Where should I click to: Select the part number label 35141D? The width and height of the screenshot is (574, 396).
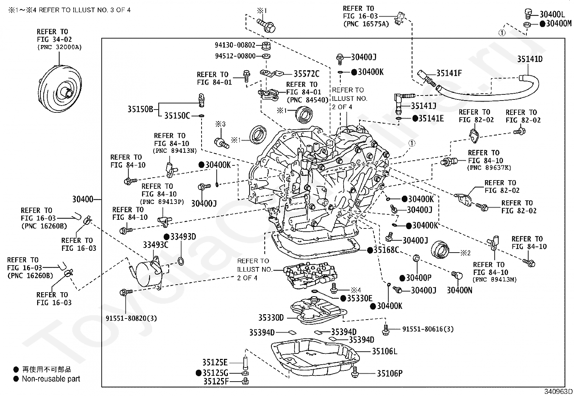[530, 59]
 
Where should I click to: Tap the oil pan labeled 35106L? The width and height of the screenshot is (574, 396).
[315, 358]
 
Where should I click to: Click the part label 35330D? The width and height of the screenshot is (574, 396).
[271, 318]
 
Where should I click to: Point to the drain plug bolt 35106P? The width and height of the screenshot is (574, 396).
[355, 372]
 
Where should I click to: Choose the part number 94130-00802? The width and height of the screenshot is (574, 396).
[235, 45]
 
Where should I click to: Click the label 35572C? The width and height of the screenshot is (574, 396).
[306, 74]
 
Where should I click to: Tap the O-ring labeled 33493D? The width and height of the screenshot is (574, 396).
[181, 261]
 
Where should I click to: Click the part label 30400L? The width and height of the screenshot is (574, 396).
[552, 14]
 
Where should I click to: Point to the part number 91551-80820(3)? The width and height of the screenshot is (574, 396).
[131, 318]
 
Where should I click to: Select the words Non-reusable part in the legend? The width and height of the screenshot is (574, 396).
[51, 379]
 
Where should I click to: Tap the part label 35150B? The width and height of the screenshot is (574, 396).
[140, 110]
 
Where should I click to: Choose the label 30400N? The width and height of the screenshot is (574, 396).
[459, 290]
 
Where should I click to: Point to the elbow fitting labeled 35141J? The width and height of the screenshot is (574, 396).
[401, 104]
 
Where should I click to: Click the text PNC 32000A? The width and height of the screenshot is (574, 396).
[59, 47]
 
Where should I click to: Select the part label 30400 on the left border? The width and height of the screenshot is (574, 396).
[83, 199]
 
